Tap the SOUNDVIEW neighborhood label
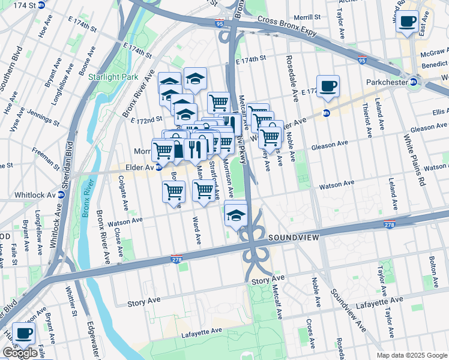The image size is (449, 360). [292, 238]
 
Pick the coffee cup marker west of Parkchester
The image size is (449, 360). [328, 87]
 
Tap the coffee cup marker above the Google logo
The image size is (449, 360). [23, 333]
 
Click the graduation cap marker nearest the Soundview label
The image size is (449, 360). [237, 214]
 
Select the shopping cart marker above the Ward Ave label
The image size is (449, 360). [203, 191]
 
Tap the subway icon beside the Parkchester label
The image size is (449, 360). [414, 82]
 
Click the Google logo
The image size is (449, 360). [20, 353]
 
